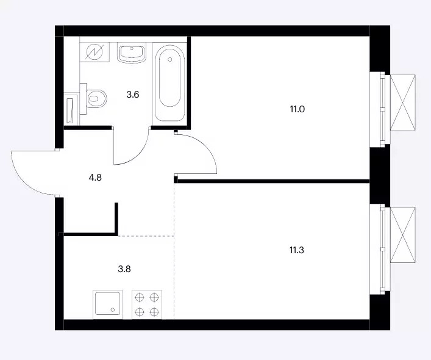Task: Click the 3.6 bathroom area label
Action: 133,95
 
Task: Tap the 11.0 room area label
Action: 297,109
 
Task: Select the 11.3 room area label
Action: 297,250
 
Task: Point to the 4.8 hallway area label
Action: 95,178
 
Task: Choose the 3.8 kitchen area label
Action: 124,269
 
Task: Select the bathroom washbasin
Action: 132,53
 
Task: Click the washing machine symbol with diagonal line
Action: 94,52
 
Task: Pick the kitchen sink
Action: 108,304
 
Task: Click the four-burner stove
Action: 147,304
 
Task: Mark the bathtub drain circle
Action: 170,59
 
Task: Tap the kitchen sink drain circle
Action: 113,310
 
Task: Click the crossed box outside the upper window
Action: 403,103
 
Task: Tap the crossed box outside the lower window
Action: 403,235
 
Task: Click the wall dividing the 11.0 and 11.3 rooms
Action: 272,181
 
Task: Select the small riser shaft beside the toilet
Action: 71,109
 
